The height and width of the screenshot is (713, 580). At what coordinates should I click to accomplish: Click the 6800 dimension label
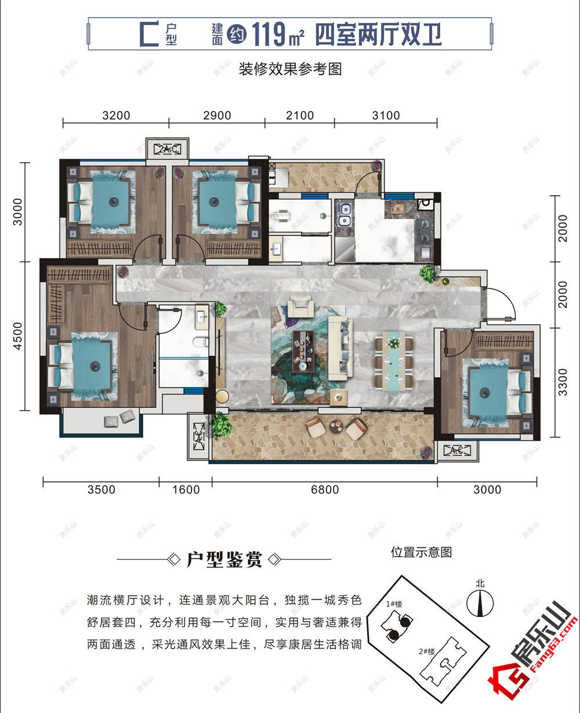(324, 489)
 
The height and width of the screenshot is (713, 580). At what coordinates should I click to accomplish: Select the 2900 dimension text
(217, 115)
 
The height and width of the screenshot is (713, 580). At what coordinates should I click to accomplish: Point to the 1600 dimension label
(186, 489)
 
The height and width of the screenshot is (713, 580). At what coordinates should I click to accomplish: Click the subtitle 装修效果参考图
(290, 70)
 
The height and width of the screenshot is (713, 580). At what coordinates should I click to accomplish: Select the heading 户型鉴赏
(224, 560)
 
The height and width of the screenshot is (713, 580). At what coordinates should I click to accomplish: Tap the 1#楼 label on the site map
(394, 604)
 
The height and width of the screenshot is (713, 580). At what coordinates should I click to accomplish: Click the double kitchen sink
(345, 214)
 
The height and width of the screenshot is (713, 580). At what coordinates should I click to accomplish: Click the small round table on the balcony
(337, 427)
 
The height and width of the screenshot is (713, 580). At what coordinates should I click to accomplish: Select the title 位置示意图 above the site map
(421, 552)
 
